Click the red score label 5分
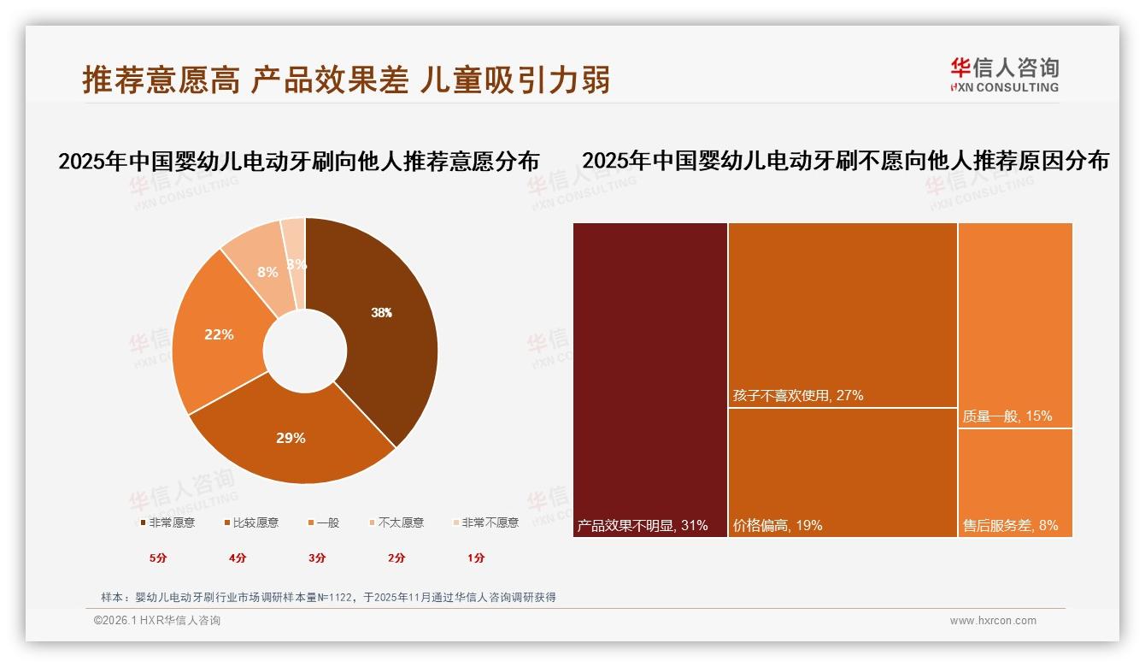(x=158, y=558)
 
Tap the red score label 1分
(x=476, y=558)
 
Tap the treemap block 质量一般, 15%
(x=1015, y=325)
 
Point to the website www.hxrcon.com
(x=993, y=621)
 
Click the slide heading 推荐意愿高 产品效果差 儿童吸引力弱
(x=346, y=80)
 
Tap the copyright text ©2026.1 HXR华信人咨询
(x=157, y=621)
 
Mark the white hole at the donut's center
(x=305, y=351)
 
